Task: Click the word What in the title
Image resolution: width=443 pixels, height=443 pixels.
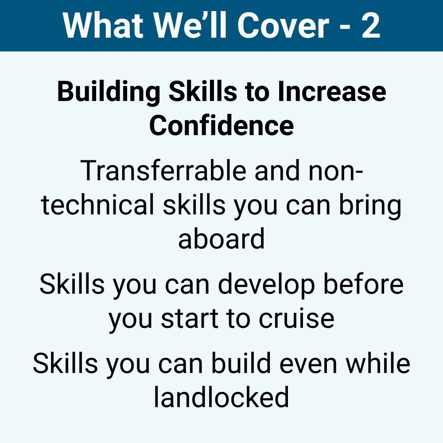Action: click(103, 25)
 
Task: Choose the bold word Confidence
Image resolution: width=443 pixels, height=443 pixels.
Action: click(221, 125)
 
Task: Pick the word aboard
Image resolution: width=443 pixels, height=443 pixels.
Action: click(221, 238)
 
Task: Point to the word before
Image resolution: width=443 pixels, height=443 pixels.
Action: click(363, 284)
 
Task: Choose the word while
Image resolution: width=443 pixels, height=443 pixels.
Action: click(378, 363)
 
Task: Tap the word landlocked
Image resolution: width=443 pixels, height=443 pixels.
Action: click(221, 396)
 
